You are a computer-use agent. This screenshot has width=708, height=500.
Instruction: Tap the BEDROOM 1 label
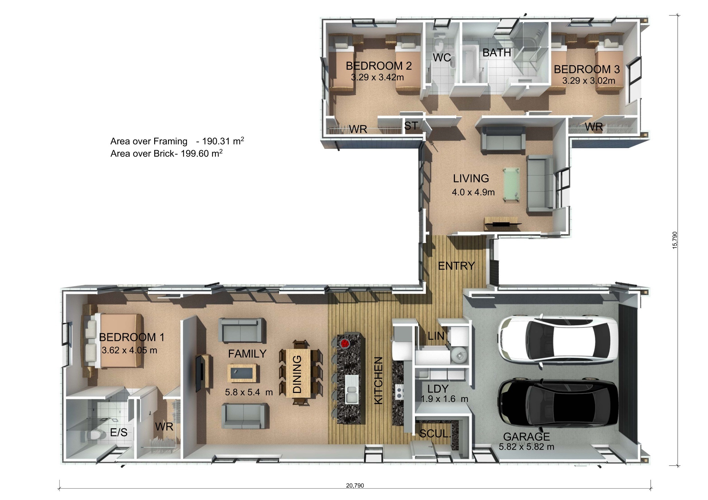tap(132, 337)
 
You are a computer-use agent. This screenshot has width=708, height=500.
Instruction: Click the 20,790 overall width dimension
tap(355, 485)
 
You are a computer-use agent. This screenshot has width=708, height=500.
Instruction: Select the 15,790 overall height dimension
tap(675, 240)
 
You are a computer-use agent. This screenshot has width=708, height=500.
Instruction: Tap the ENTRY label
tap(456, 266)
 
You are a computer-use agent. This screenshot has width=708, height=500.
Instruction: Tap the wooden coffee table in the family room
tap(242, 373)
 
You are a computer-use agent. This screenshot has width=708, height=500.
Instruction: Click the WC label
tap(442, 58)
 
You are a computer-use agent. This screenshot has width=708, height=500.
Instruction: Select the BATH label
tap(496, 53)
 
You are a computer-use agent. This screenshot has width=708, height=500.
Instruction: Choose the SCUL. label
tap(435, 434)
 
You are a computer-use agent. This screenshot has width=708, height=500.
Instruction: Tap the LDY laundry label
tap(438, 389)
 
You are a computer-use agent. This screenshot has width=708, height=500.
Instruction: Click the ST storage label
tap(411, 126)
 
